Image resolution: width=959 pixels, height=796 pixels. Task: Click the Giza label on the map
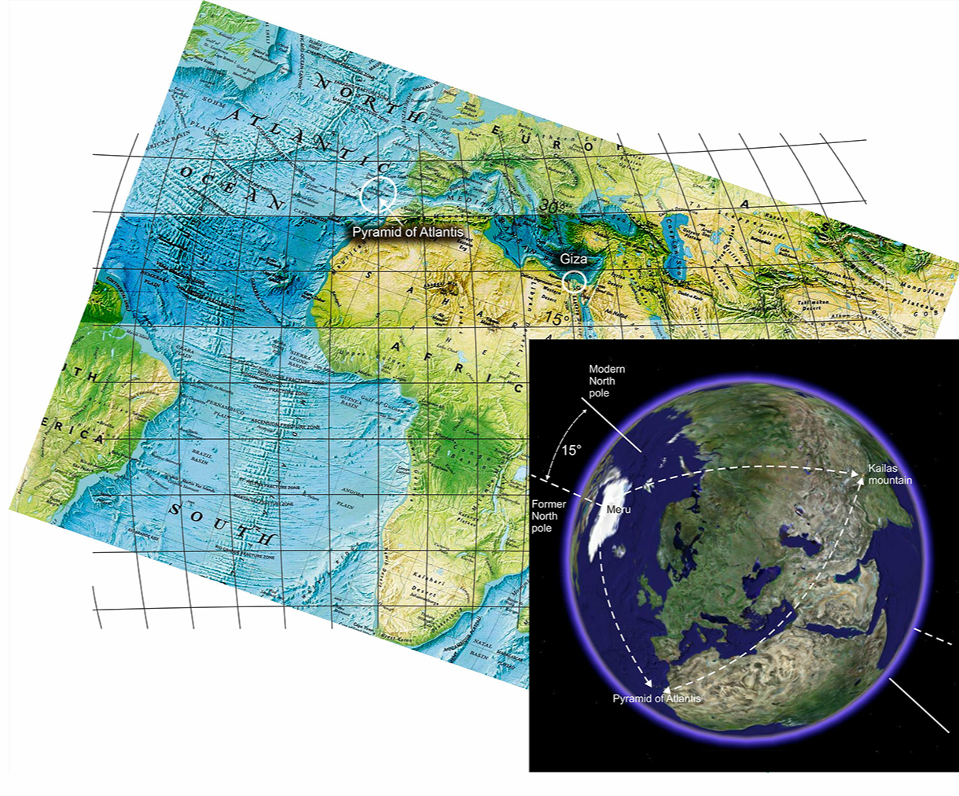tap(573, 259)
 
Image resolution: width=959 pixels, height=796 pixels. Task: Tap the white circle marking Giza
tap(575, 280)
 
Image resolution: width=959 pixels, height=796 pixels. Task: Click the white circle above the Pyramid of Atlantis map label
tap(378, 194)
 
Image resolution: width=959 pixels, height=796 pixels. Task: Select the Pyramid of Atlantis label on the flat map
tap(407, 232)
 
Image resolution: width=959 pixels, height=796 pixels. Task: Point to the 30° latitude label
tap(553, 205)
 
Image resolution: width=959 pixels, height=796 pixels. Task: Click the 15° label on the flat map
tap(557, 319)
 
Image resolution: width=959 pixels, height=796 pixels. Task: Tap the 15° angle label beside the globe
tap(571, 451)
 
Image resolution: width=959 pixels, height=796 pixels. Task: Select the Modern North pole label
tap(608, 381)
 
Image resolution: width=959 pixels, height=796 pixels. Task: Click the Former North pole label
tap(549, 516)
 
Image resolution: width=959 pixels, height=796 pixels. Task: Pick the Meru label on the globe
tap(619, 510)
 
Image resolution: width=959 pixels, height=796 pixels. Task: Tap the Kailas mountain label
tap(890, 474)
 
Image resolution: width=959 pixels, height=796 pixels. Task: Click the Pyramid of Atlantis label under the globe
tap(656, 698)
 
